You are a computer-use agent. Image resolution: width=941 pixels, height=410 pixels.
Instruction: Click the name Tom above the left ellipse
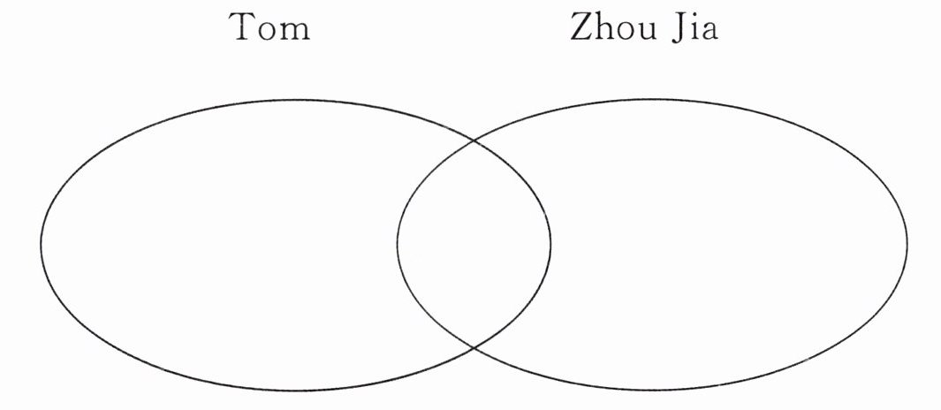coord(269,28)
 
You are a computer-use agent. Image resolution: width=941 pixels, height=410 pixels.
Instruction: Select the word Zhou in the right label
coord(607,27)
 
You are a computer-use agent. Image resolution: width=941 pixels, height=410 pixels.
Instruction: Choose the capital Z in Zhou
coord(580,27)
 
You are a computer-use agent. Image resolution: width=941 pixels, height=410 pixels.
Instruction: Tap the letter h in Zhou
coord(599,27)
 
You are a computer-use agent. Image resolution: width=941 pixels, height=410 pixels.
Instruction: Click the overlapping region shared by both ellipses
coord(474,243)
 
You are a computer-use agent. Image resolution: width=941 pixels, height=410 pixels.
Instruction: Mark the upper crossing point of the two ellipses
coord(474,140)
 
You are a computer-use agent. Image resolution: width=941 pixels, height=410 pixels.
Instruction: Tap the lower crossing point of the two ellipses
coord(474,347)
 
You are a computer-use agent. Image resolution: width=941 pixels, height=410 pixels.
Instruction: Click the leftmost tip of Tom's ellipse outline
coord(41,243)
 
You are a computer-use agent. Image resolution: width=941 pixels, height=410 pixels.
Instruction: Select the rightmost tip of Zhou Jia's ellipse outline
coord(907,243)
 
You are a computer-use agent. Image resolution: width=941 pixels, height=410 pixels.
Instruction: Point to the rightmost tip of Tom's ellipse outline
coord(550,243)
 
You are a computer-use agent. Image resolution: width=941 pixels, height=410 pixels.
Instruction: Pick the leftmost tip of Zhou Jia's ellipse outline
coord(397,243)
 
